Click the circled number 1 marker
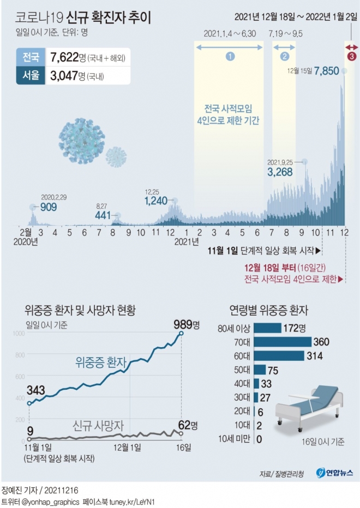tap(230, 56)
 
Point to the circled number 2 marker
tap(284, 56)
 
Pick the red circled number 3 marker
tap(352, 56)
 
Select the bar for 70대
tap(281, 342)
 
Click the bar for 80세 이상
tap(267, 328)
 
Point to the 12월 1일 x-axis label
tap(128, 447)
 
